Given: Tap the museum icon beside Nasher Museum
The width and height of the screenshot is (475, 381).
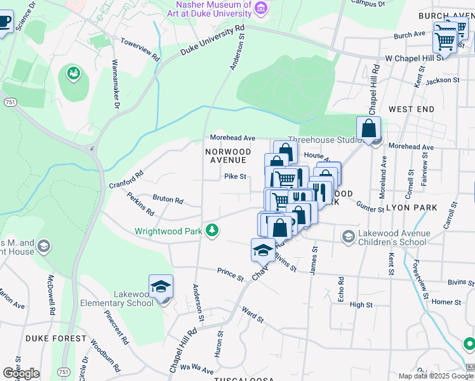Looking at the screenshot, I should point(260,8).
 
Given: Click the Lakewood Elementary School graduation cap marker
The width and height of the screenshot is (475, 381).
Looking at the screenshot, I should point(161,288).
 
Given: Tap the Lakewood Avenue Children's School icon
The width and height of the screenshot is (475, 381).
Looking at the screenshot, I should point(348,237).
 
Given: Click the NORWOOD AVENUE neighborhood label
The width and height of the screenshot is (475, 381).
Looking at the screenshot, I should point(228,156).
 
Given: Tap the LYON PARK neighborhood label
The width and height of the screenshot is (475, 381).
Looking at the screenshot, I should point(411,208).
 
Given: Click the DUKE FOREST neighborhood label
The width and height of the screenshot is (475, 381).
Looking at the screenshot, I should point(55,338).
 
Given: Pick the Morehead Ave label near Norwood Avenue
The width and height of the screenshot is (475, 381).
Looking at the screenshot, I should point(232,138).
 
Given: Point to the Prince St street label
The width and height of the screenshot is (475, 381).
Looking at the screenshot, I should point(230,274).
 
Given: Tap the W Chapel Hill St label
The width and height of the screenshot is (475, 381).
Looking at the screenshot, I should point(414,58).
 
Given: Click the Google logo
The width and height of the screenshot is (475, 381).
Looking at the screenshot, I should point(21,373).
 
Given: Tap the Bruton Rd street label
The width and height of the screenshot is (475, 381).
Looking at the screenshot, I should point(168,199).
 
